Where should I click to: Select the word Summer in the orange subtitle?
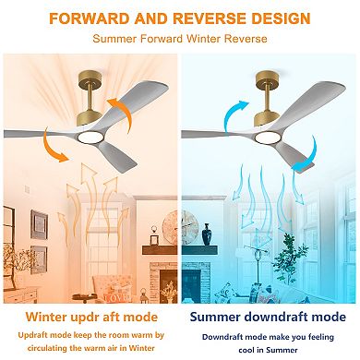(115, 39)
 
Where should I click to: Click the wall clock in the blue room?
(189, 225)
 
